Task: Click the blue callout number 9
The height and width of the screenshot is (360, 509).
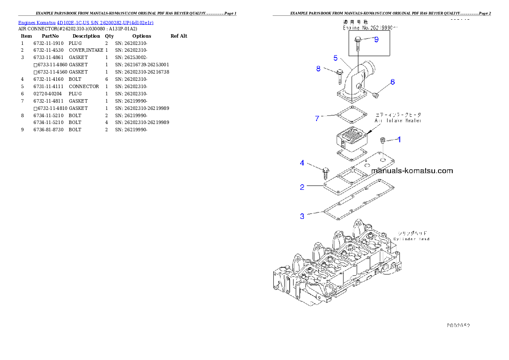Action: pyautogui.click(x=376, y=39)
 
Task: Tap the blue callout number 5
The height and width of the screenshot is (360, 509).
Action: pyautogui.click(x=336, y=58)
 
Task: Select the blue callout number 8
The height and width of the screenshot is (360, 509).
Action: pyautogui.click(x=318, y=68)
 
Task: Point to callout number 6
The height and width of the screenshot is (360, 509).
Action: pyautogui.click(x=392, y=82)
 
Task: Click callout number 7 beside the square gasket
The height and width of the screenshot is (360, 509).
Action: pyautogui.click(x=317, y=118)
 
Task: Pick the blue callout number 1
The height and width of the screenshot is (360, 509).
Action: pyautogui.click(x=400, y=139)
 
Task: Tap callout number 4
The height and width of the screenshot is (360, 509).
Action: pyautogui.click(x=302, y=163)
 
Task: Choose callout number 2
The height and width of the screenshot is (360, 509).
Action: pyautogui.click(x=302, y=187)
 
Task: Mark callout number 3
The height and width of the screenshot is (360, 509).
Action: pyautogui.click(x=302, y=216)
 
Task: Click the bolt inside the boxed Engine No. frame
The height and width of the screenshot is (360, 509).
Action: pyautogui.click(x=358, y=43)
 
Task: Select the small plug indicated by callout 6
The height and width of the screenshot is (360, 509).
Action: pyautogui.click(x=376, y=95)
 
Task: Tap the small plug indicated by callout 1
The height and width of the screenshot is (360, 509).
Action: pyautogui.click(x=383, y=140)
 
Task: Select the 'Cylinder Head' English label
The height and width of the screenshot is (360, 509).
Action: pyautogui.click(x=411, y=239)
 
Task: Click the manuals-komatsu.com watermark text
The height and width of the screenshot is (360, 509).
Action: pyautogui.click(x=412, y=171)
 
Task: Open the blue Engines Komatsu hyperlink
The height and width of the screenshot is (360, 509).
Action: pyautogui.click(x=86, y=22)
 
